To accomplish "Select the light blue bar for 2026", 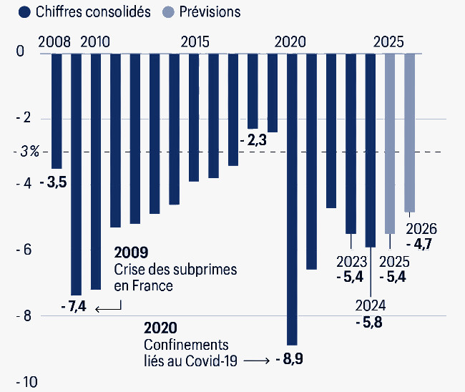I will click(409, 132).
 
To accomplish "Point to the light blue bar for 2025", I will click(390, 143).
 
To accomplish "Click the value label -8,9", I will click(290, 359).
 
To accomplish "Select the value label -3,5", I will click(54, 183).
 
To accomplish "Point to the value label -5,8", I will click(369, 323).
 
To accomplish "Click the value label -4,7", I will click(421, 244).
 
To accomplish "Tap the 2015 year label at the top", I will click(195, 41).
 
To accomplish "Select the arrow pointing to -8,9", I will click(256, 360).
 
